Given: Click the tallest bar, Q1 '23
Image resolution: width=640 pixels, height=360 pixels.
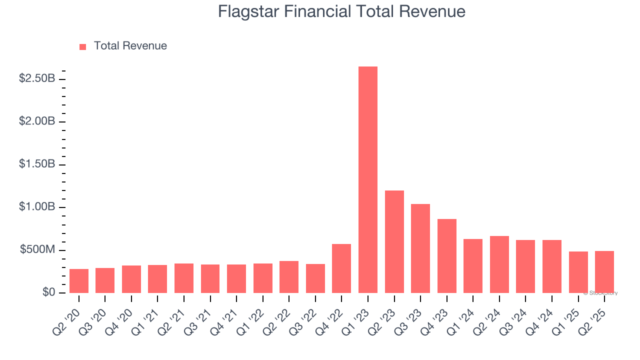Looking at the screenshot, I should (x=368, y=180).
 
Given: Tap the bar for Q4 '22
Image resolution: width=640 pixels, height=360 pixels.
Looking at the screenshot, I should (x=341, y=268).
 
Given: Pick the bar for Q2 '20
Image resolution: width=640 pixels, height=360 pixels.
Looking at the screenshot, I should (x=79, y=281).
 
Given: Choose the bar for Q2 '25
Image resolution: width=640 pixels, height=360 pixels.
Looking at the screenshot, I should (x=604, y=272).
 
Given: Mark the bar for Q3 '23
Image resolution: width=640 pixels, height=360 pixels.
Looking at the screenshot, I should (x=420, y=248).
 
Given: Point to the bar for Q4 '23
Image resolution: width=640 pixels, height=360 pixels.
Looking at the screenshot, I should (x=446, y=256).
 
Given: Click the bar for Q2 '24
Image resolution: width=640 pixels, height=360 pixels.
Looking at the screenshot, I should (x=499, y=264).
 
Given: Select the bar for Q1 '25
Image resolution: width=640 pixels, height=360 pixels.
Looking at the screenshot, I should (x=578, y=272).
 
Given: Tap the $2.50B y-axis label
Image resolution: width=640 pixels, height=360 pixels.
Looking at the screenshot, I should (x=37, y=78).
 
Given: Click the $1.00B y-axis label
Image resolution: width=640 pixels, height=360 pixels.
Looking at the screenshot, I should (x=37, y=207).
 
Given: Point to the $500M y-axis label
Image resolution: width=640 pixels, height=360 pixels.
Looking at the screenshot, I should (x=37, y=250).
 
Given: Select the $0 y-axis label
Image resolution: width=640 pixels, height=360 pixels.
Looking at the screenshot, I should (x=48, y=292).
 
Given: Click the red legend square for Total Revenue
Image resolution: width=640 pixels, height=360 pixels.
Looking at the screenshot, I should (x=83, y=46).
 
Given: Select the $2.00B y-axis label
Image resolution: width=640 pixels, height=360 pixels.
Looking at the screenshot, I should (x=37, y=121).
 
